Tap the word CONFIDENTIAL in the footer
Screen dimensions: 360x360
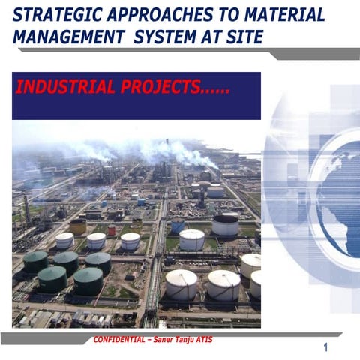[x=121, y=340]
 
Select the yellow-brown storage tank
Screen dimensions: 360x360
[x=78, y=226]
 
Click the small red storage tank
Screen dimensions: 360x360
[x=112, y=231]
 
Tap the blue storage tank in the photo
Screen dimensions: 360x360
[x=177, y=226]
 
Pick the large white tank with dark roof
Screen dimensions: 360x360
[x=225, y=224]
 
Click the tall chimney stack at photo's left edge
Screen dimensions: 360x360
[x=27, y=209]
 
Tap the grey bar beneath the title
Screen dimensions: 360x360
[x=315, y=53]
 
